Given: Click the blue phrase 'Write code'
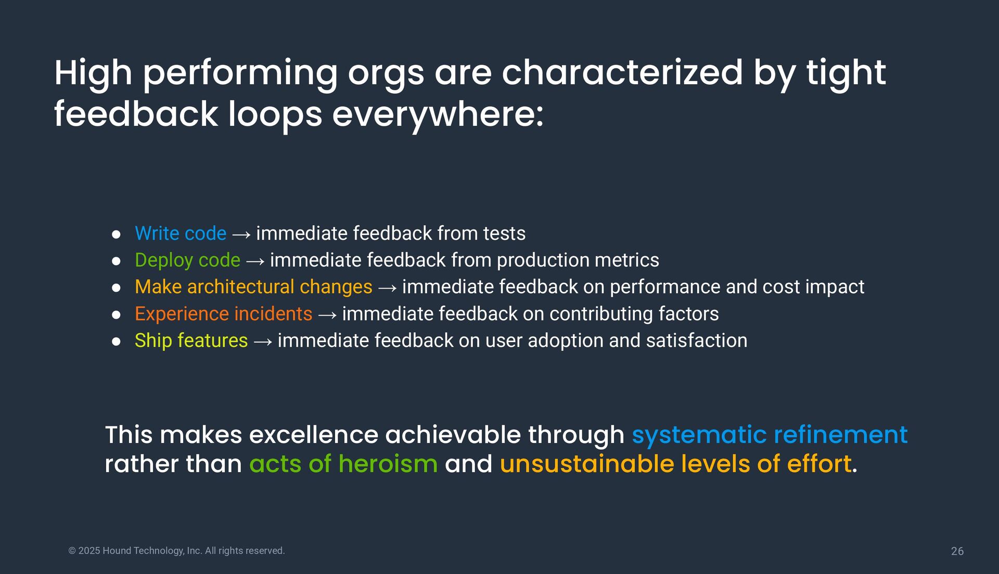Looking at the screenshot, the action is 181,233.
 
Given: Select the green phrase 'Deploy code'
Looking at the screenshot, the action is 187,260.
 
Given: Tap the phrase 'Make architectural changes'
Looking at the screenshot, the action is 253,287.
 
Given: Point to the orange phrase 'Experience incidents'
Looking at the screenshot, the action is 223,314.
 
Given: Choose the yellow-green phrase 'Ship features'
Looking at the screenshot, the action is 191,341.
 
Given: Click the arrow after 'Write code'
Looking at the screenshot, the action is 241,235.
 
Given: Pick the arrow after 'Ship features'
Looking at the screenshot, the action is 263,342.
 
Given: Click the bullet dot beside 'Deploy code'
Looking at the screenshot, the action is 116,261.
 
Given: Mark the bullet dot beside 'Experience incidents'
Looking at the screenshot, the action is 116,315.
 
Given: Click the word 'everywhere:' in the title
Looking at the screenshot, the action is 438,115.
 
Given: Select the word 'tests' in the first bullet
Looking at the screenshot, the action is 504,233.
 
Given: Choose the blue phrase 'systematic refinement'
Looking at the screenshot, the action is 770,435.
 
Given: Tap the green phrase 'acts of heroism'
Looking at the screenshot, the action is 343,464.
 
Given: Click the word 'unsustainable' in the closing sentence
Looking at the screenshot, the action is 587,464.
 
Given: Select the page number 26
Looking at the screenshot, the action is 957,551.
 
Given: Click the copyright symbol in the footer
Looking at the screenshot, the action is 72,551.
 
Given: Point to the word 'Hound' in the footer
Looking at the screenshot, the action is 117,551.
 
